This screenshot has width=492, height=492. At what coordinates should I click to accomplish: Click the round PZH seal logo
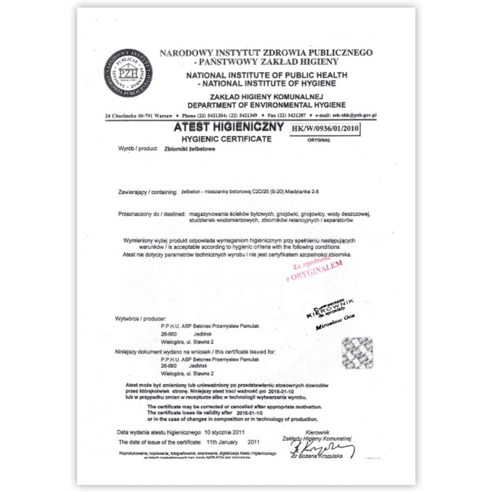click(x=128, y=73)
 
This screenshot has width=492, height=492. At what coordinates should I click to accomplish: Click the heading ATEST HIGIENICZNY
click(x=229, y=127)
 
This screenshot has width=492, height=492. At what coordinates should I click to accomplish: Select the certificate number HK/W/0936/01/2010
click(x=326, y=129)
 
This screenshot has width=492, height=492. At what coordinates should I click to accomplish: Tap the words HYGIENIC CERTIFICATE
click(x=227, y=139)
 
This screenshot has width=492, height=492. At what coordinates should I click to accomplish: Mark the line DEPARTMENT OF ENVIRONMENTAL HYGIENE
click(x=266, y=105)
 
